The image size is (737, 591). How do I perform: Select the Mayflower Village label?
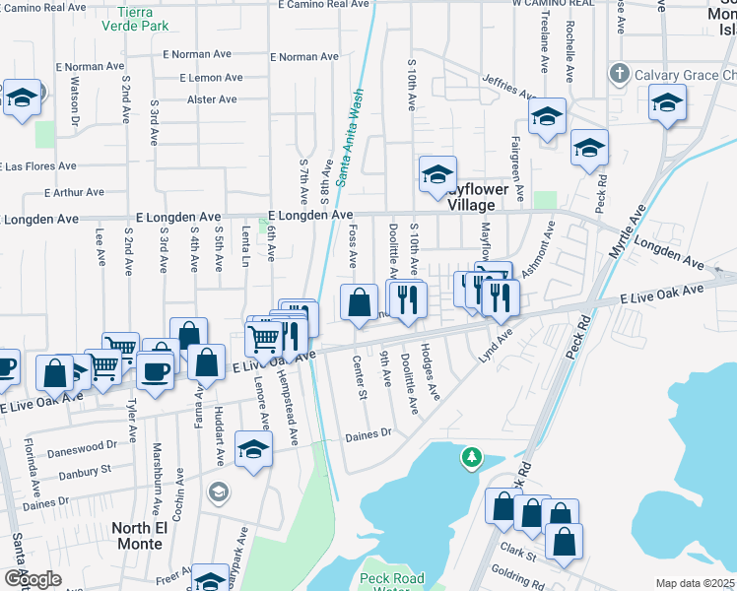[x=471, y=198]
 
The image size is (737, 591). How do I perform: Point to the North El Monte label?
[x=146, y=535]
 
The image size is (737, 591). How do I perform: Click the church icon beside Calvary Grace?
[x=618, y=73]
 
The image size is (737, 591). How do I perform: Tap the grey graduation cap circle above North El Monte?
[x=218, y=491]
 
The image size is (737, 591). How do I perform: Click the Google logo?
[x=33, y=579]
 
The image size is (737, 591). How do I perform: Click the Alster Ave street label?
[x=212, y=99]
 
